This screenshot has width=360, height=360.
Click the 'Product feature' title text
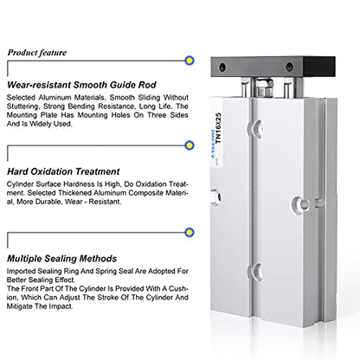pos(37,53)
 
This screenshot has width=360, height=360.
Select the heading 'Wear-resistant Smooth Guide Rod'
pos(81,85)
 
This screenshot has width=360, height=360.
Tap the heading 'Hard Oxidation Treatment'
pos(63,171)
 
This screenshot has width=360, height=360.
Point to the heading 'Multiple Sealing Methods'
pos(62,259)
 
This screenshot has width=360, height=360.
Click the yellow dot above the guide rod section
pos(190,61)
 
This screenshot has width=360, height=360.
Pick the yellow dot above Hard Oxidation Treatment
pos(190,145)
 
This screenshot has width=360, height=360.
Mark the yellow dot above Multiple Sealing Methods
pos(190,232)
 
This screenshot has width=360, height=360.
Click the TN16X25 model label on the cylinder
pos(218,128)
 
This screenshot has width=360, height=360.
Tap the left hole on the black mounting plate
pos(222,67)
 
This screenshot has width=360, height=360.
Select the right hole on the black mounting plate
pos(289,67)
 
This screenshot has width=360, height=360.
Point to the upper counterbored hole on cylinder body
pos(257,128)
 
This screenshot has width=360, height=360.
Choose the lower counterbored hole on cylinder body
pos(257,272)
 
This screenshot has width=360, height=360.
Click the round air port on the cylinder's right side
pos(301,204)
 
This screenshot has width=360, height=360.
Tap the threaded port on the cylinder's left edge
pos(217,197)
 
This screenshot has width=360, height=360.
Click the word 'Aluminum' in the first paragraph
pos(54,98)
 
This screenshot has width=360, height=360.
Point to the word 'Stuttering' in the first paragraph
pos(22,106)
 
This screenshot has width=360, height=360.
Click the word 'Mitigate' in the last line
pos(19,306)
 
